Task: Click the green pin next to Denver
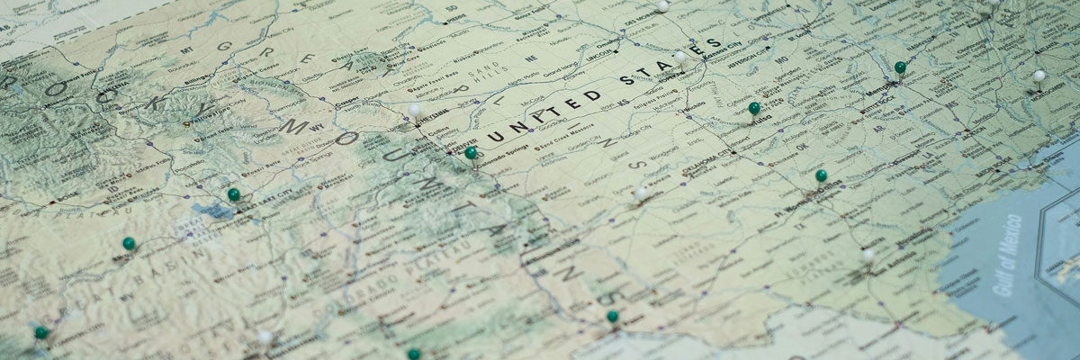click(x=471, y=153)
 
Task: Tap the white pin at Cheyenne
click(x=414, y=111)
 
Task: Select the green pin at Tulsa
click(x=754, y=108)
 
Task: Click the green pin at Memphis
click(x=899, y=67)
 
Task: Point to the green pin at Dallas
click(x=821, y=175)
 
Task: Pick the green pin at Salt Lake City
click(x=234, y=193)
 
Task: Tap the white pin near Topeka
click(x=680, y=57)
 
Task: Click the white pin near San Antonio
click(x=868, y=255)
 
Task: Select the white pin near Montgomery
click(x=1039, y=76)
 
